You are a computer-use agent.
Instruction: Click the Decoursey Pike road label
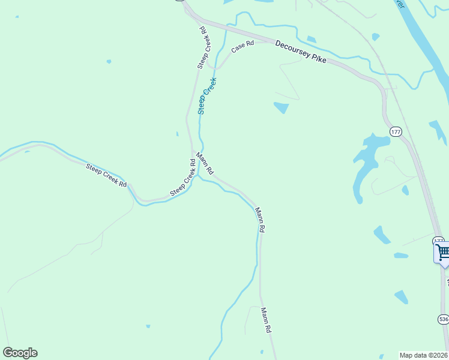pyautogui.click(x=301, y=52)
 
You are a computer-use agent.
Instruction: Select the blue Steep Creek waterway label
pyautogui.click(x=206, y=95)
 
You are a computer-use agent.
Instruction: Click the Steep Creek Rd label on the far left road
pyautogui.click(x=106, y=175)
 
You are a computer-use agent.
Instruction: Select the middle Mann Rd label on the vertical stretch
pyautogui.click(x=260, y=220)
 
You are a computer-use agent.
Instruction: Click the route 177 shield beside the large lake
pyautogui.click(x=395, y=131)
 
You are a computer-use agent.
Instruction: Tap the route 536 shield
pyautogui.click(x=443, y=319)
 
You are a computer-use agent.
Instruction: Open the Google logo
pyautogui.click(x=20, y=353)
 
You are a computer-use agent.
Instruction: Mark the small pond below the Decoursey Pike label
pyautogui.click(x=281, y=108)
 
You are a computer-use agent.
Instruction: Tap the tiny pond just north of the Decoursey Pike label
pyautogui.click(x=311, y=40)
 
